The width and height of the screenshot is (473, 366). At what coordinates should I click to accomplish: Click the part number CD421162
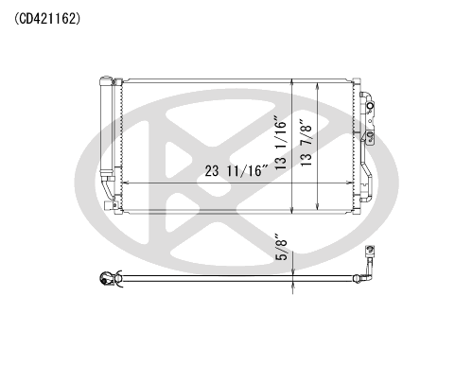pyautogui.click(x=47, y=19)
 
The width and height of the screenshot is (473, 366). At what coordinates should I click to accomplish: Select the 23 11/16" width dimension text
pyautogui.click(x=236, y=171)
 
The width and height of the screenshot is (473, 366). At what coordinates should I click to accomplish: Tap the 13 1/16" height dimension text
pyautogui.click(x=281, y=144)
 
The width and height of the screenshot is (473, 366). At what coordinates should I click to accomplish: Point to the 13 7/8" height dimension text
pyautogui.click(x=307, y=143)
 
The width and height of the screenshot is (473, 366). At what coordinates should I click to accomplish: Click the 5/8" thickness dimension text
pyautogui.click(x=282, y=247)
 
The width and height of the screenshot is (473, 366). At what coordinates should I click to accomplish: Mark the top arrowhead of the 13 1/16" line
pyautogui.click(x=292, y=81)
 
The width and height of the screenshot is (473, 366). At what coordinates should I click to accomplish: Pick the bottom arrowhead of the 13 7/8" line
pyautogui.click(x=318, y=207)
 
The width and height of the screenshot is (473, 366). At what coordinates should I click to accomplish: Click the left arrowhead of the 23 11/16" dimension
pyautogui.click(x=125, y=183)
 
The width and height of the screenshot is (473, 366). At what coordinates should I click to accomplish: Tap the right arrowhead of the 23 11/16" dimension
pyautogui.click(x=350, y=183)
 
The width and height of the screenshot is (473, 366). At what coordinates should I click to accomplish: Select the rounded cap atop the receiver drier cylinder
pyautogui.click(x=106, y=80)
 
